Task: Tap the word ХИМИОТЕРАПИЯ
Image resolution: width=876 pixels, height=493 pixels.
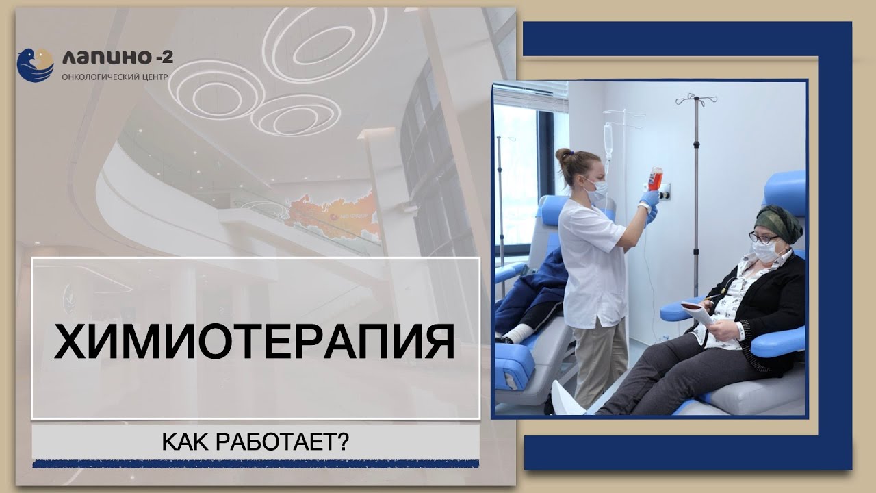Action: pyautogui.click(x=255, y=342)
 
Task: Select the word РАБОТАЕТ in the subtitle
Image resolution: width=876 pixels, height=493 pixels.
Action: pyautogui.click(x=283, y=442)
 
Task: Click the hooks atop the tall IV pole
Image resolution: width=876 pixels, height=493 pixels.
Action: pyautogui.click(x=696, y=99)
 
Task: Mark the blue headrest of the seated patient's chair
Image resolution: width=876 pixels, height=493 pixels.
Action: pyautogui.click(x=787, y=192)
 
